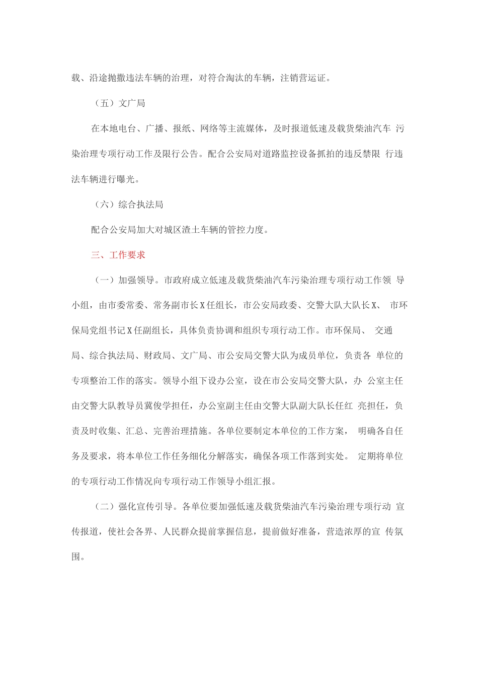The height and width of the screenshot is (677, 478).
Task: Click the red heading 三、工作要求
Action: click(118, 255)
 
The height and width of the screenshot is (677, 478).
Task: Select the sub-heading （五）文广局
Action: click(120, 103)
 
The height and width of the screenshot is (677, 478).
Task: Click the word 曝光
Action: click(127, 179)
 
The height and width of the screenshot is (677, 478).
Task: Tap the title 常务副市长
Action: click(177, 305)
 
